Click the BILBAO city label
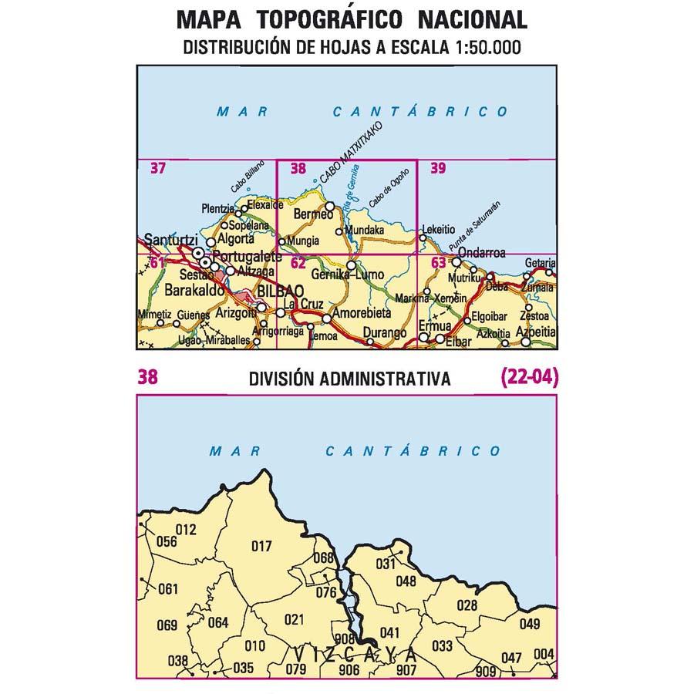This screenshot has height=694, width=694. click(x=275, y=291)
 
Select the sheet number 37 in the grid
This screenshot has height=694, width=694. click(x=158, y=169)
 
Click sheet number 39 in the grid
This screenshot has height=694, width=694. click(x=438, y=169)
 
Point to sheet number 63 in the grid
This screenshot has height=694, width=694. click(x=439, y=264)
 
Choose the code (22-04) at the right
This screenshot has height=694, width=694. click(x=529, y=378)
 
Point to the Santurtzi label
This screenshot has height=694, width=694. click(x=168, y=241)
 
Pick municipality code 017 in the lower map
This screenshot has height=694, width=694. click(x=262, y=547)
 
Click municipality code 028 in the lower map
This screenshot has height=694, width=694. click(x=467, y=605)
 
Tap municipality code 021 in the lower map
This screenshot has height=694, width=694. click(x=295, y=619)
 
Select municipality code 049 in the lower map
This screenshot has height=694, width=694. click(x=530, y=624)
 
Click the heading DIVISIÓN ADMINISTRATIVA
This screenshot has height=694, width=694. click(x=349, y=379)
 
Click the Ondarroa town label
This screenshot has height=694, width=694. click(x=481, y=252)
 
